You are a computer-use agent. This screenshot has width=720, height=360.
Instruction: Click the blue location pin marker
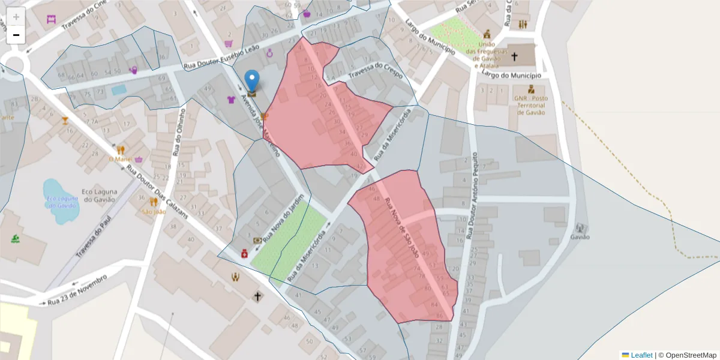(253, 81)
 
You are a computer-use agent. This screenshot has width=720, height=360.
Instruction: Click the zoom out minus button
(16, 35)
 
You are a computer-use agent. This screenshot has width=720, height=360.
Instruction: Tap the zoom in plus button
(16, 17)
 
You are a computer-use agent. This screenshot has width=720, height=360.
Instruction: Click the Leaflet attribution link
(641, 355)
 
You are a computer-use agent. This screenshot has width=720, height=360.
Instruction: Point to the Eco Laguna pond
(59, 201)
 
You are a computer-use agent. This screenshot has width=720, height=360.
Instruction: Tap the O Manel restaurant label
(120, 159)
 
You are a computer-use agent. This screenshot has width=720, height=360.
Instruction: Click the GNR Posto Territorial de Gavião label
(530, 105)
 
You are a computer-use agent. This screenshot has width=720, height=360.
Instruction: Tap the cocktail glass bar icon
(65, 121)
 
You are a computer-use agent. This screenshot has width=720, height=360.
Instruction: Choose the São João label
(154, 211)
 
